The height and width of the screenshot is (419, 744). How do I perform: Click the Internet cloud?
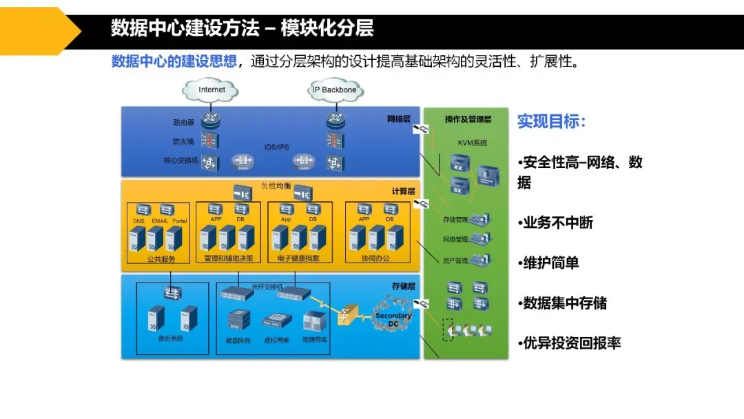[211, 90]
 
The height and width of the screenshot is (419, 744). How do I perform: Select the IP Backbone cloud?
[335, 90]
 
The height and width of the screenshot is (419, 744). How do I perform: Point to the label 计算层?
[403, 191]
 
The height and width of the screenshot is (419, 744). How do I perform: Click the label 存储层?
[403, 285]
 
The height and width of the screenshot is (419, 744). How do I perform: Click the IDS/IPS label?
[276, 147]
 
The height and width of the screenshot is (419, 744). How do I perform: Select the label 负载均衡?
[276, 186]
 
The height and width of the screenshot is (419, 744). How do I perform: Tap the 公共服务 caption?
[161, 259]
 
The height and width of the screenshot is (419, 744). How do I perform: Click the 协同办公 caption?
[375, 259]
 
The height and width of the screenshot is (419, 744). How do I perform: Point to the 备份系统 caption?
[170, 338]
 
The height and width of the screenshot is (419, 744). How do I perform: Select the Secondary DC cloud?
[393, 318]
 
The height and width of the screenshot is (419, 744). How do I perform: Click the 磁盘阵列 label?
[238, 340]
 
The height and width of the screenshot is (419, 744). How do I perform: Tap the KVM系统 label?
[473, 143]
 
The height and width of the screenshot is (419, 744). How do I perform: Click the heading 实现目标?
[551, 122]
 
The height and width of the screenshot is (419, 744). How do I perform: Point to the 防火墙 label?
[183, 142]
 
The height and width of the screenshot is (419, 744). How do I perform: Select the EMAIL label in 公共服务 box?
[160, 221]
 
